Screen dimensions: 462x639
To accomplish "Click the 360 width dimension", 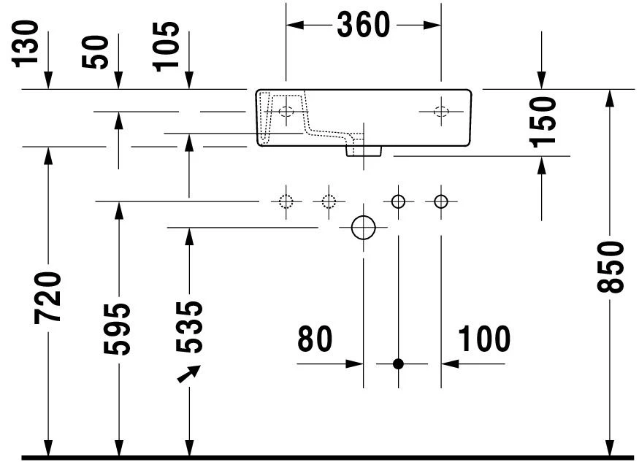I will click(363, 25).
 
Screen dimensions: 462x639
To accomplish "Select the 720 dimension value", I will click(48, 297).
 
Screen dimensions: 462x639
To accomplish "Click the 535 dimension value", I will click(190, 326).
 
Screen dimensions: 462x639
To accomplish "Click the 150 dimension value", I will click(544, 120).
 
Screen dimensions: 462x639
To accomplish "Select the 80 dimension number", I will click(315, 339).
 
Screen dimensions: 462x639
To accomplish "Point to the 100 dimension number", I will click(484, 339).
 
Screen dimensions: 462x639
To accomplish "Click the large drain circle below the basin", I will click(363, 228).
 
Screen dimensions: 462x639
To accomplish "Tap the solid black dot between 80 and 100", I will click(398, 363).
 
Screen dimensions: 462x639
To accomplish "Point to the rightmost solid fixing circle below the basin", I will click(440, 201).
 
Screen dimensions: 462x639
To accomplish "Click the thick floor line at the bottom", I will click(329, 457).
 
